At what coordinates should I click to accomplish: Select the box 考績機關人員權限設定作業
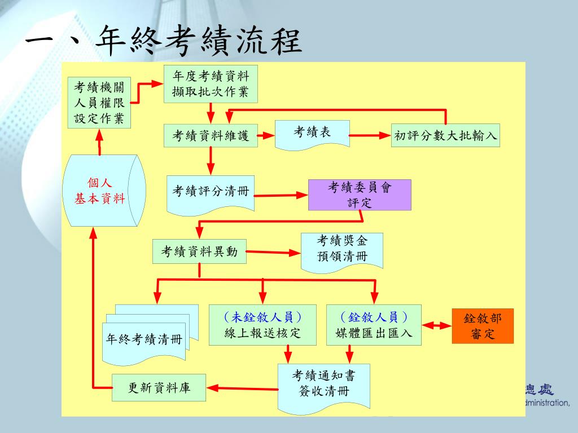pyautogui.click(x=99, y=103)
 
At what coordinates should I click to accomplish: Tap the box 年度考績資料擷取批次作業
pyautogui.click(x=211, y=84)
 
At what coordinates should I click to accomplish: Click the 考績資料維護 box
pyautogui.click(x=211, y=136)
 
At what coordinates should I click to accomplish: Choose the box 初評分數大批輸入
pyautogui.click(x=445, y=135)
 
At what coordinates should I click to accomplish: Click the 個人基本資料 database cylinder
pyautogui.click(x=104, y=191)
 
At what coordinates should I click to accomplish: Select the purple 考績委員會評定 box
pyautogui.click(x=360, y=195)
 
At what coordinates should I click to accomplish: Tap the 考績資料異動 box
pyautogui.click(x=199, y=251)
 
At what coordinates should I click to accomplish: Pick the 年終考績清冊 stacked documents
pyautogui.click(x=150, y=335)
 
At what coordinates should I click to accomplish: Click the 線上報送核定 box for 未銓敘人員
pyautogui.click(x=262, y=325)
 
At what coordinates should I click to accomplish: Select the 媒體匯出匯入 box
pyautogui.click(x=374, y=325)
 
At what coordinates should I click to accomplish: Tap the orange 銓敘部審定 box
pyautogui.click(x=483, y=326)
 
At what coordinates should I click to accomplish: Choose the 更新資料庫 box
pyautogui.click(x=159, y=387)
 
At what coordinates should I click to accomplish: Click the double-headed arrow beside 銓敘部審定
pyautogui.click(x=437, y=325)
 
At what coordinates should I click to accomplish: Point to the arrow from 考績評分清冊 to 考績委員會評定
pyautogui.click(x=281, y=195)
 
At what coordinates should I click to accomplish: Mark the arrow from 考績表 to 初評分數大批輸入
pyautogui.click(x=370, y=135)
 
